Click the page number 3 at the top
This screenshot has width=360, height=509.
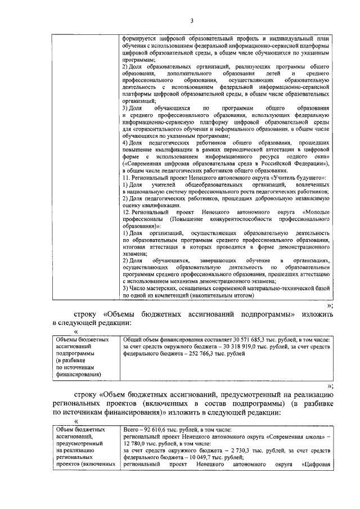[191, 21]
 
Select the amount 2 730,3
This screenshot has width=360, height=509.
[238, 451]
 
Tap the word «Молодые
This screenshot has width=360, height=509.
[315, 212]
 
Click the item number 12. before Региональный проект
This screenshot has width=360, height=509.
[127, 212]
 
